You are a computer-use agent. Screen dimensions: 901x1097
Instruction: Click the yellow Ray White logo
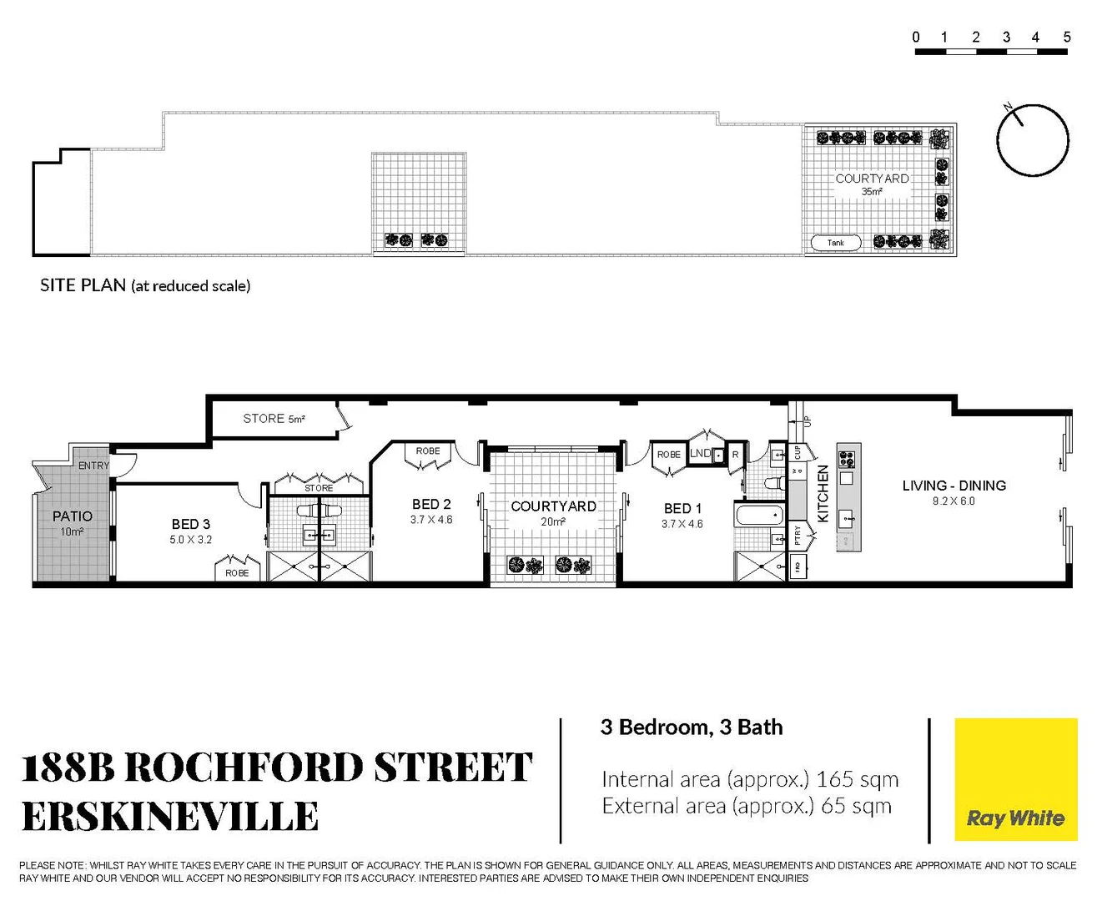point(1015,779)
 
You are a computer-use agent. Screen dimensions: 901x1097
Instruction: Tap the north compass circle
point(1033,140)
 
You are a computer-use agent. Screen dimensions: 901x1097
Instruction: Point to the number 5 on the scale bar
point(1066,38)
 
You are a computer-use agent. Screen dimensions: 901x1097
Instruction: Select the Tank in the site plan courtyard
point(836,243)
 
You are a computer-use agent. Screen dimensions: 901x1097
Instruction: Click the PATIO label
point(73,516)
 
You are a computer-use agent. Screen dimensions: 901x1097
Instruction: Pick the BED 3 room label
point(191,524)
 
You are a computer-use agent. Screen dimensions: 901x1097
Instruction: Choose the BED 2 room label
point(431,504)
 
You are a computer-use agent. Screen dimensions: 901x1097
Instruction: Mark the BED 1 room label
point(682,508)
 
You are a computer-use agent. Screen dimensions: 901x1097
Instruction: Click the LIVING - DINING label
point(954,486)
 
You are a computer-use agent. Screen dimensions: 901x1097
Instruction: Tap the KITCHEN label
point(823,494)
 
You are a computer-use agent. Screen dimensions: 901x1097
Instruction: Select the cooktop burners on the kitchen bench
point(846,459)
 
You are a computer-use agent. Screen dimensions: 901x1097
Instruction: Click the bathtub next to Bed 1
point(758,515)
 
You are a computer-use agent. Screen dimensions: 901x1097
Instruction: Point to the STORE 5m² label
point(274,419)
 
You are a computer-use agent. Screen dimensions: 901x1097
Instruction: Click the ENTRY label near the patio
point(93,466)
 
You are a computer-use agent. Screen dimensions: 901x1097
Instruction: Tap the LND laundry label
point(700,454)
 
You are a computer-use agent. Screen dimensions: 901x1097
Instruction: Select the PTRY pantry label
point(798,535)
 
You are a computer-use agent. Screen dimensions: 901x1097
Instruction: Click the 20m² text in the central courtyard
point(553,522)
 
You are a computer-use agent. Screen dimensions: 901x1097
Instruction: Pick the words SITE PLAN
point(83,285)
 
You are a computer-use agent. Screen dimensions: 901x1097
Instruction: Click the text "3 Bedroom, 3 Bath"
point(692,727)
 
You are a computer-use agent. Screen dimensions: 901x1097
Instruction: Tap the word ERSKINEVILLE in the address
point(170,816)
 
